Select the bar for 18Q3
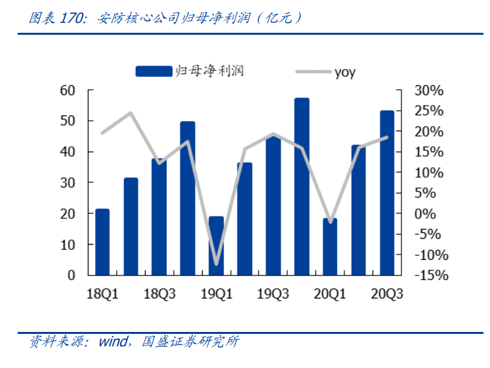point(159,216)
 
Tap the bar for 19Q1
point(216,245)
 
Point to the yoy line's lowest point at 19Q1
point(216,264)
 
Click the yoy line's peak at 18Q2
point(131,113)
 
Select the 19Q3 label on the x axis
point(273,294)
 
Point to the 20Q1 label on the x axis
point(330,294)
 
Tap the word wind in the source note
point(113,342)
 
